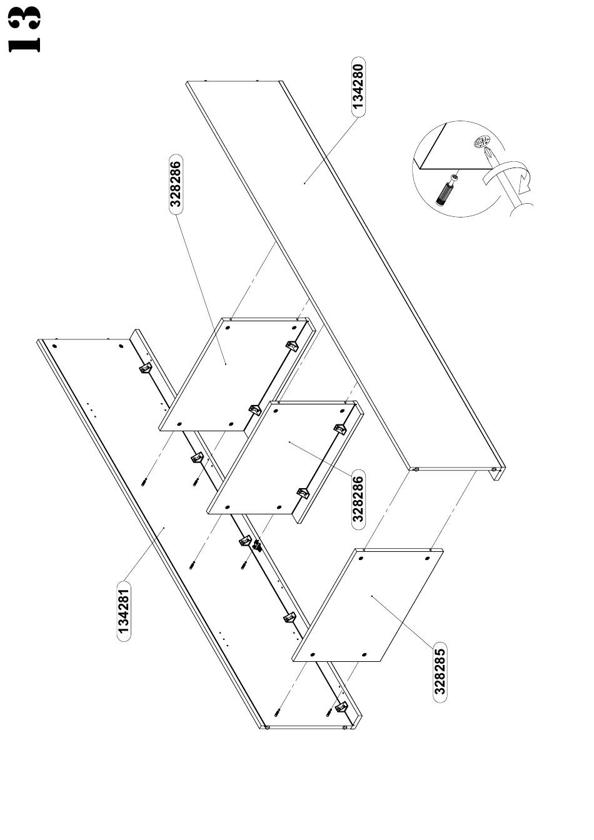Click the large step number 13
click(25, 29)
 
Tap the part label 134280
click(358, 86)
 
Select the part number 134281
click(124, 611)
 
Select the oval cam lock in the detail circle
click(481, 143)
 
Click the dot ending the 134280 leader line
click(305, 182)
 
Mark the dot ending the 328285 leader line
click(372, 596)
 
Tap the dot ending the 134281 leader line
click(164, 528)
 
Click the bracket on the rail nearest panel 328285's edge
click(289, 617)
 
